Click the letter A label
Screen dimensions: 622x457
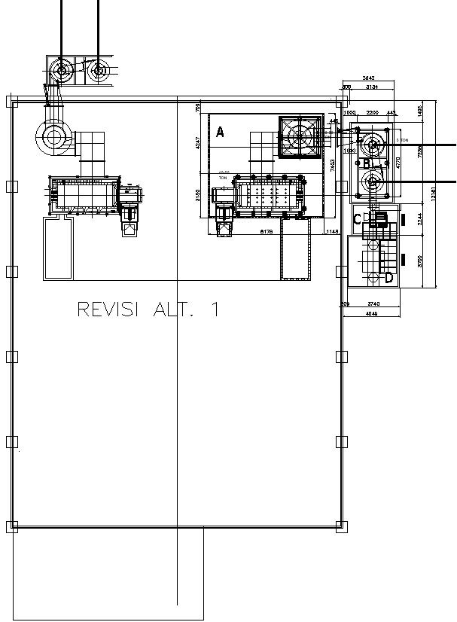click(220, 133)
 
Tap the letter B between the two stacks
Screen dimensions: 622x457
click(366, 163)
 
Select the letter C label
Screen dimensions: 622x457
click(358, 219)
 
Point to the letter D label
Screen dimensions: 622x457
click(388, 278)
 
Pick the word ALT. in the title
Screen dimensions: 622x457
click(178, 309)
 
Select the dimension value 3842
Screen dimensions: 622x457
click(369, 78)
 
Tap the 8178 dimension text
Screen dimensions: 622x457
click(266, 232)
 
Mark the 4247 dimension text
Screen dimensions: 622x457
click(198, 143)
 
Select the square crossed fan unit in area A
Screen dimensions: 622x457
click(300, 137)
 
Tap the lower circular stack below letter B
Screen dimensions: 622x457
click(372, 181)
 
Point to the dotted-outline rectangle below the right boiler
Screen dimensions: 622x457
click(295, 251)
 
